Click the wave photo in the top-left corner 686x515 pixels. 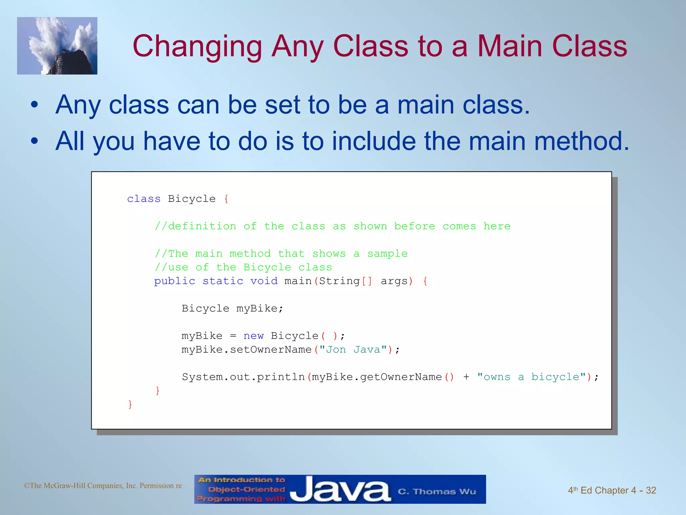coord(57,46)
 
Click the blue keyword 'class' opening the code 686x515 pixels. coord(144,199)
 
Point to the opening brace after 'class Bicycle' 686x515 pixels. coord(226,199)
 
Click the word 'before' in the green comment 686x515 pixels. coord(414,226)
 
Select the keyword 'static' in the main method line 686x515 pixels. coord(223,281)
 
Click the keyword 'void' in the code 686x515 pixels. coord(264,281)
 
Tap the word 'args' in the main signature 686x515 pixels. coord(394,281)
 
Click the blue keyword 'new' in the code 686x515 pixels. coord(253,336)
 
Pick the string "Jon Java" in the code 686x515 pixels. coord(353,350)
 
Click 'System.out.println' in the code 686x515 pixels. coord(243,377)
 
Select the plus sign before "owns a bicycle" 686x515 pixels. coord(466,377)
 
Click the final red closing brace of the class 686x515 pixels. coord(130,405)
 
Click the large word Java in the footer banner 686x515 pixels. coord(340,490)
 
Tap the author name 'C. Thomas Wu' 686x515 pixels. coord(437,492)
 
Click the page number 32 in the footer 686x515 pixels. coord(651,491)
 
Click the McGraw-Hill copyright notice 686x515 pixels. coord(102,486)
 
